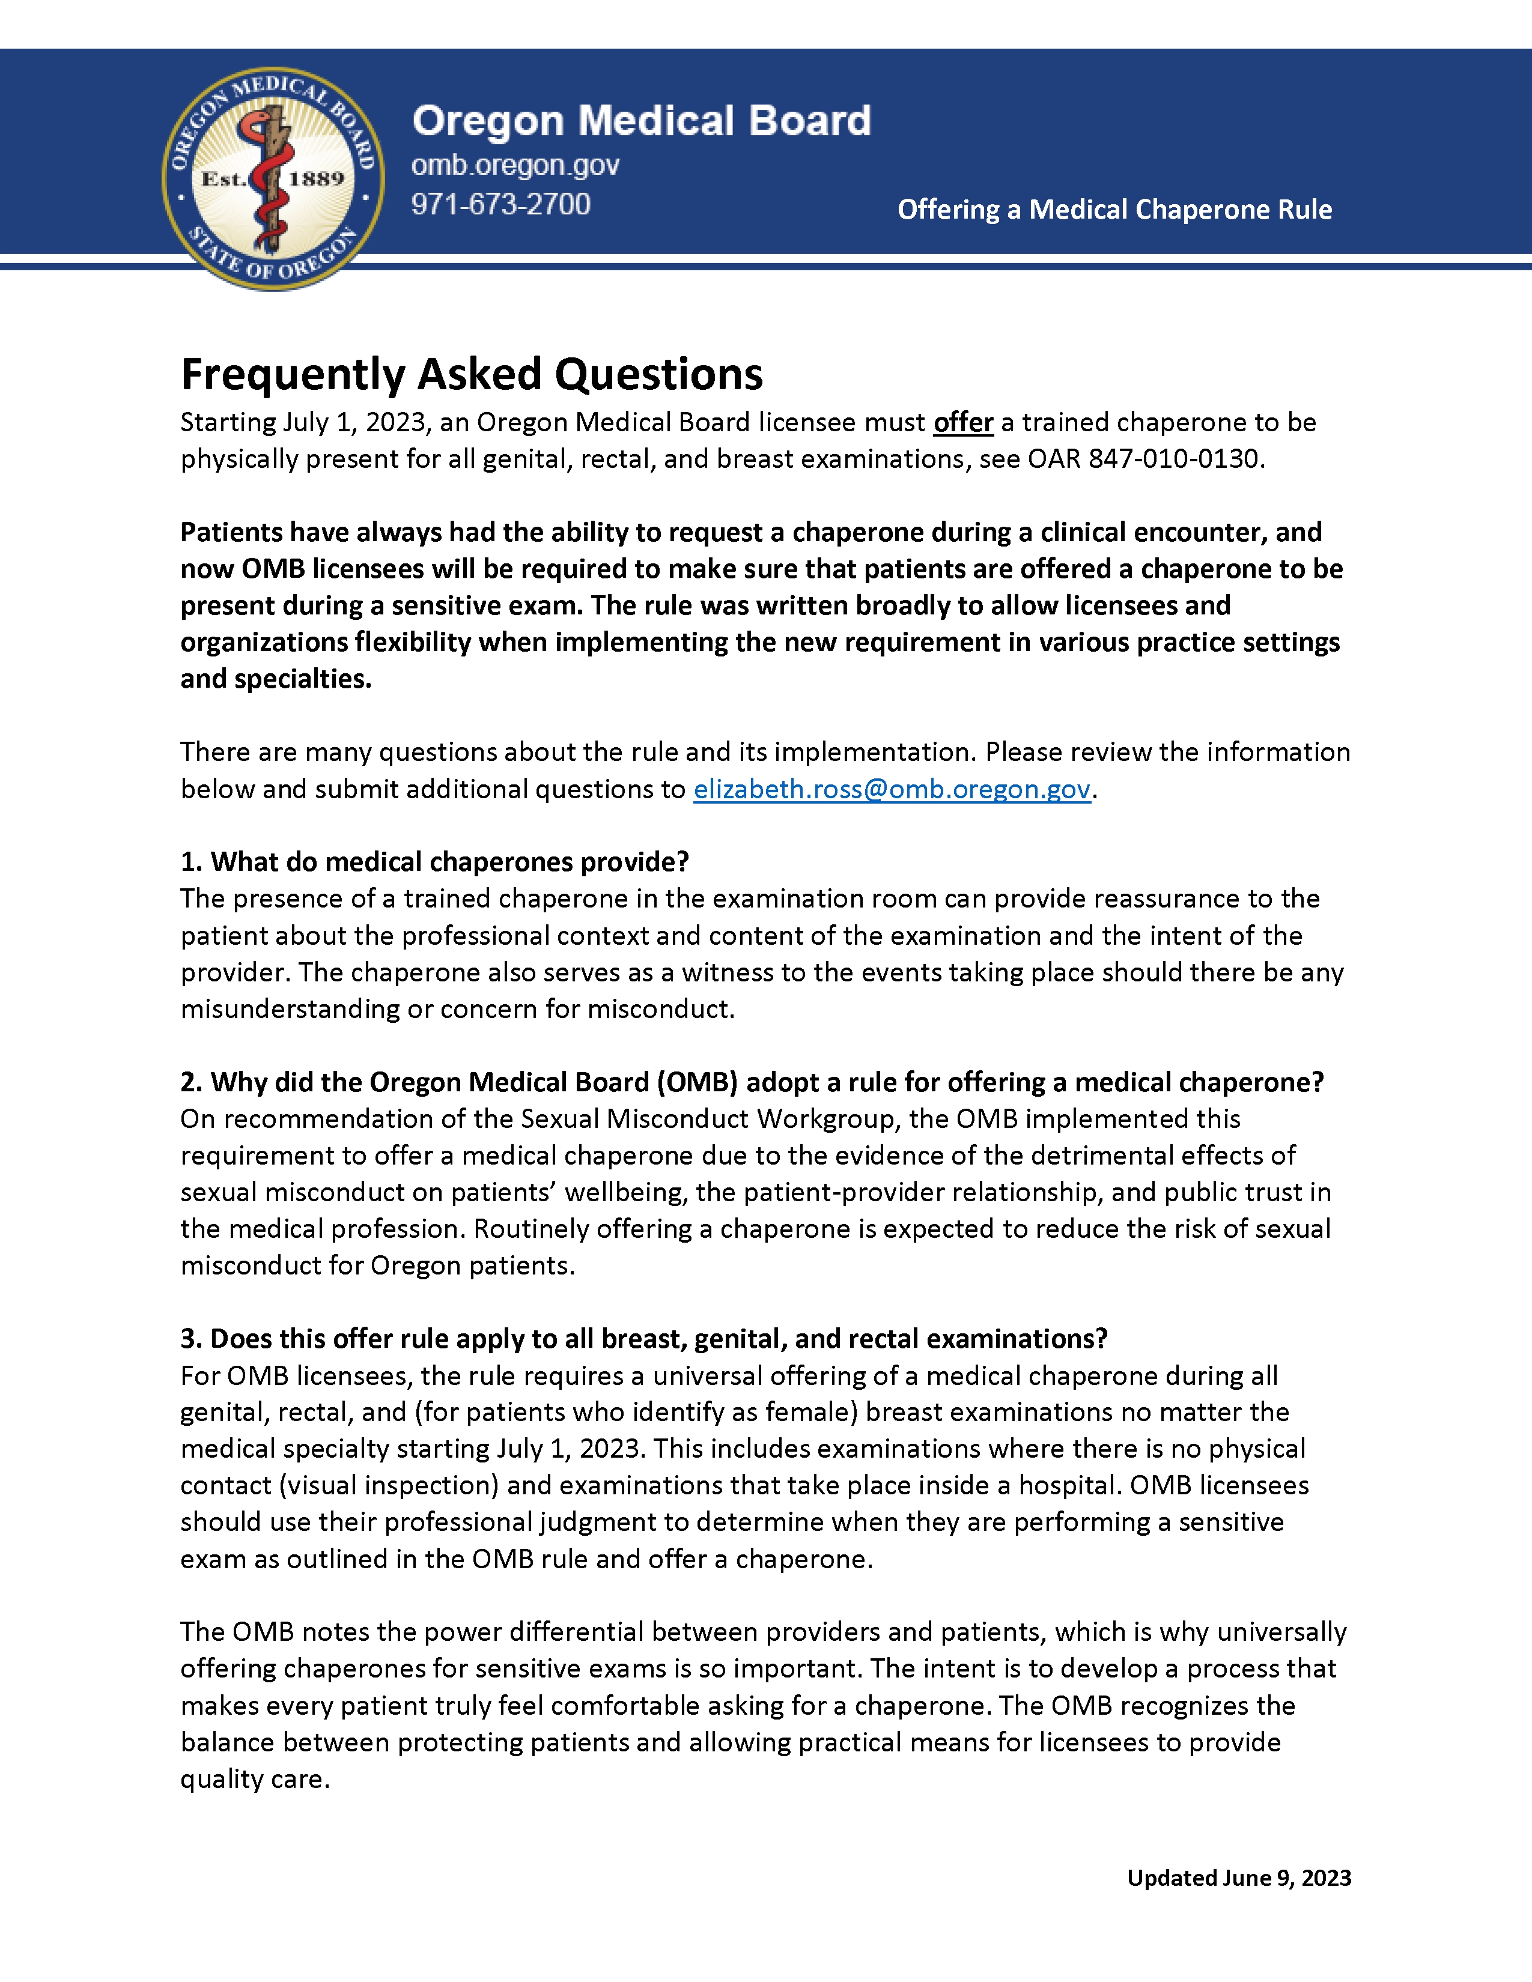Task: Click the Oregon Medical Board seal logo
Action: pyautogui.click(x=272, y=179)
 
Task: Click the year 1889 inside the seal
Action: pyautogui.click(x=316, y=179)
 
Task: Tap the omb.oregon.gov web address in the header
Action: pyautogui.click(x=515, y=165)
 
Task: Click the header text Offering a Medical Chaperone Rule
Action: pyautogui.click(x=1114, y=210)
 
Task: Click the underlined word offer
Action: pyautogui.click(x=963, y=423)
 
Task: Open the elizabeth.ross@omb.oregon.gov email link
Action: pyautogui.click(x=891, y=790)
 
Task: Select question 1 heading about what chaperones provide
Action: pyautogui.click(x=435, y=861)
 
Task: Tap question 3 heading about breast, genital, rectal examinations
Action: pyautogui.click(x=643, y=1339)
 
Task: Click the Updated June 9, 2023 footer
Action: pyautogui.click(x=1238, y=1877)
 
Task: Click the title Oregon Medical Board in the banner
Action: pyautogui.click(x=641, y=121)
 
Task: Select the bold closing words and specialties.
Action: pyautogui.click(x=276, y=679)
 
